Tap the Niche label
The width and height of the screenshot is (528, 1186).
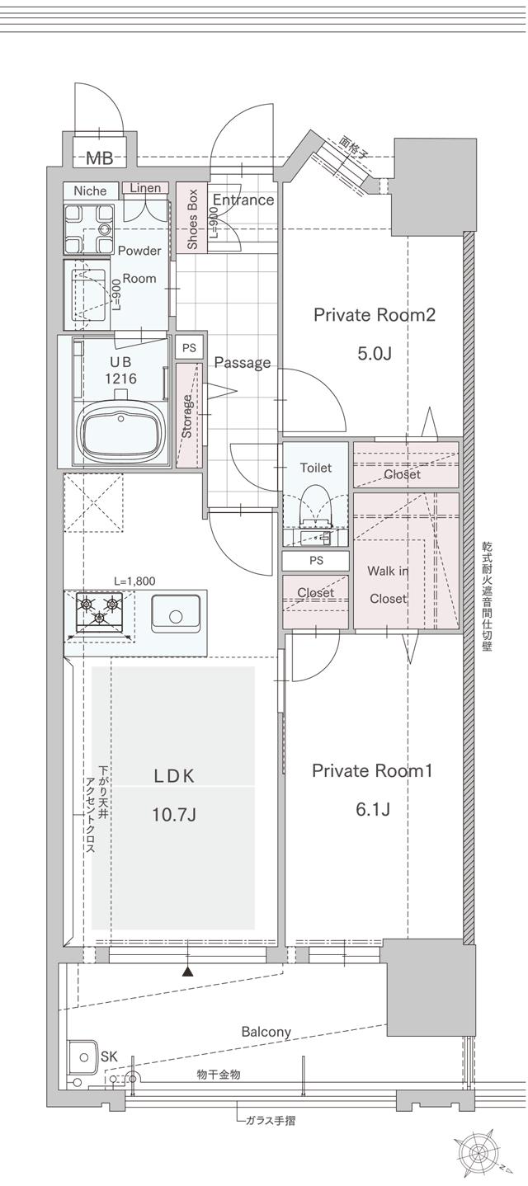pos(90,191)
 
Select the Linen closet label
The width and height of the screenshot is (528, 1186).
pos(145,188)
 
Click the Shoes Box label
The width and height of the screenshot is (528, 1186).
pos(192,219)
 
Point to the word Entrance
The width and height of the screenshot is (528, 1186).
pos(243,200)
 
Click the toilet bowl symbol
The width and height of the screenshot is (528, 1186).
pos(313,506)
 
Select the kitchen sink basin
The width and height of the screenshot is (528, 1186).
pos(175,615)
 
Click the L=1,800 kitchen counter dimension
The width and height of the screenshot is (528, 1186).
pos(132,581)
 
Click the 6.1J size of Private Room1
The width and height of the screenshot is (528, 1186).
pos(372,809)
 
